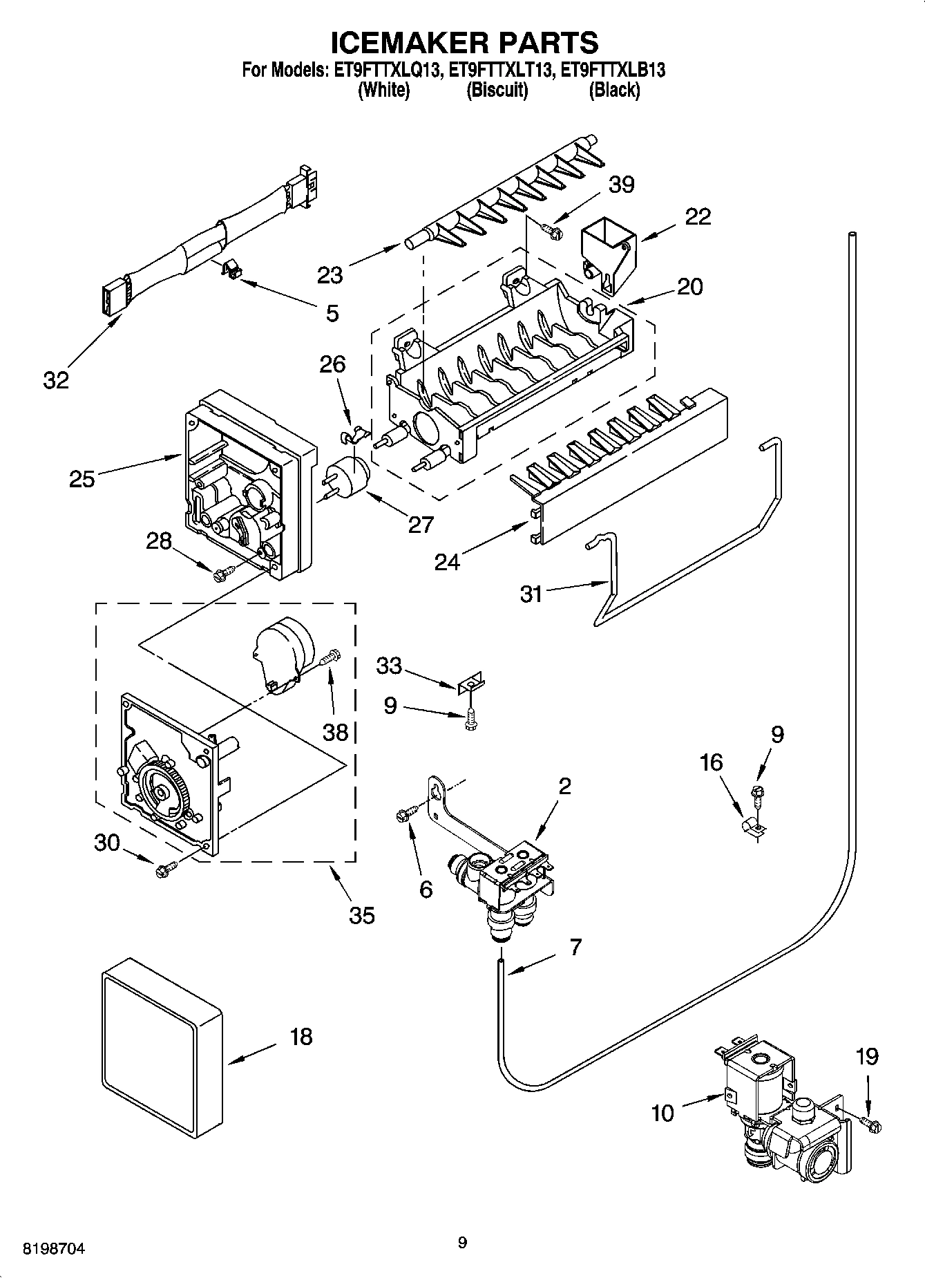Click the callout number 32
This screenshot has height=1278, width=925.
[57, 379]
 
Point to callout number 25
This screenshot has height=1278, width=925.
[82, 478]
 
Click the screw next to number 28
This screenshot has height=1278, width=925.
[224, 572]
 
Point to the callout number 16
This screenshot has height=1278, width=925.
[711, 762]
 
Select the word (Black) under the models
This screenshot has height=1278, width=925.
[613, 90]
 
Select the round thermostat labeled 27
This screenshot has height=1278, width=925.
[349, 477]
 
